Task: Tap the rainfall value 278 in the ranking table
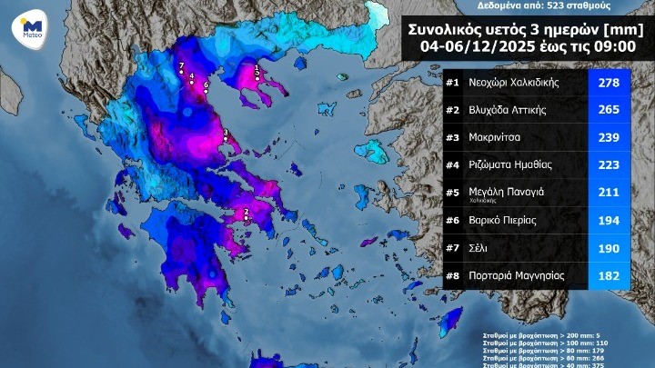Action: click(x=607, y=84)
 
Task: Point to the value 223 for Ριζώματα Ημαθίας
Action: click(x=607, y=165)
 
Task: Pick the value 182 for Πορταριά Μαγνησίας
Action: click(x=607, y=274)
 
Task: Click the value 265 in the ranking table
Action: click(x=607, y=111)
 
